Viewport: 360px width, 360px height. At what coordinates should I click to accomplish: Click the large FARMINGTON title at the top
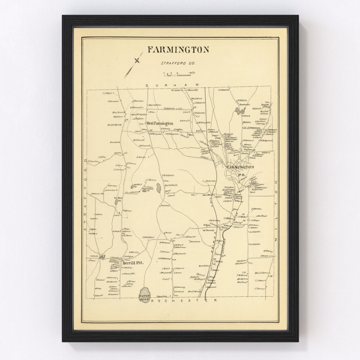point(178,50)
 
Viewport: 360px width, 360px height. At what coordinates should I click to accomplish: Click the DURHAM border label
point(172,86)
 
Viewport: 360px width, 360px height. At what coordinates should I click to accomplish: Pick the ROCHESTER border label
point(184,300)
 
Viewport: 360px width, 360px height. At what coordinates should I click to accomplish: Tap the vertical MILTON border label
point(276,210)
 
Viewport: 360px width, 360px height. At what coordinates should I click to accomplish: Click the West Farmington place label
point(160,123)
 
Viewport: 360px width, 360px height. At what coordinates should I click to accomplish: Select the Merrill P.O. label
point(133,263)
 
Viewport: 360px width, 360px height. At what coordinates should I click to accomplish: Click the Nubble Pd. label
point(138,185)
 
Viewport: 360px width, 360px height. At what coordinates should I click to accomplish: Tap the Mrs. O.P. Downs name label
point(262,273)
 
